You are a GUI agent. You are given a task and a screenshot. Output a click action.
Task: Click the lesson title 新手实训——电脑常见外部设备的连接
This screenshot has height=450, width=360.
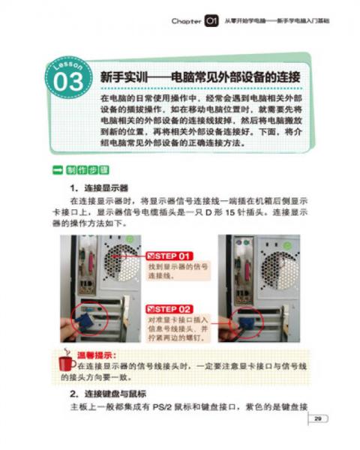199,77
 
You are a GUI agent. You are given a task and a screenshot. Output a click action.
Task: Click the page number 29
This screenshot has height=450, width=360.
318,418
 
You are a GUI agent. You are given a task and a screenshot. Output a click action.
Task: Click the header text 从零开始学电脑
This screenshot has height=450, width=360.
247,21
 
